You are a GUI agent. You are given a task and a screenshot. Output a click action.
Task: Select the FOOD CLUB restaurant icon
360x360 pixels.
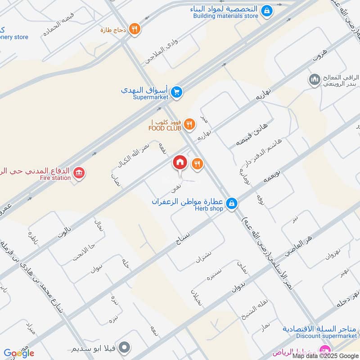(x=190, y=124)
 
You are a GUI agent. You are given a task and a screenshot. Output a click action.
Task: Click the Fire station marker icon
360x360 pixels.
(x=79, y=173)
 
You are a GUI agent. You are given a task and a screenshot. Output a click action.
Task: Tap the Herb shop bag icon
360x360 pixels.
(x=231, y=203)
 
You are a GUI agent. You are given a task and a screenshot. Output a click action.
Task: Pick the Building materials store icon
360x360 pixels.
(x=266, y=10)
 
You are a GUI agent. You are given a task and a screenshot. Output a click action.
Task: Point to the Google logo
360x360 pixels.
(x=19, y=353)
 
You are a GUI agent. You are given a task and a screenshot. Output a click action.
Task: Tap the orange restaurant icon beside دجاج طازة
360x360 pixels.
(x=134, y=30)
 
